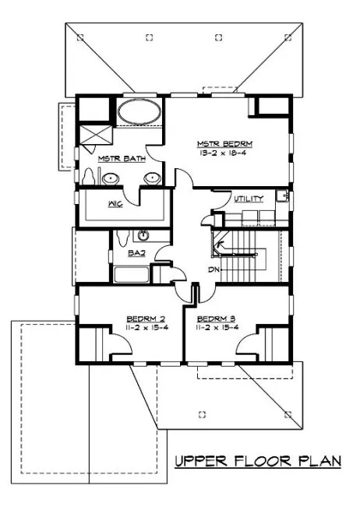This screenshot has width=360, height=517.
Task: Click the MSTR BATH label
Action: (x=114, y=159)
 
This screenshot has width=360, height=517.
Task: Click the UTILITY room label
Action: (x=249, y=199)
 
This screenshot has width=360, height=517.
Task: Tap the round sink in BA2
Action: (x=143, y=236)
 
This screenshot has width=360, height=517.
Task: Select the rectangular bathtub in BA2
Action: (x=131, y=274)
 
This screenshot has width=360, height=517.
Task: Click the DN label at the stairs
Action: (x=214, y=269)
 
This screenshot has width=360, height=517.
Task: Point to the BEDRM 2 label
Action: (x=145, y=318)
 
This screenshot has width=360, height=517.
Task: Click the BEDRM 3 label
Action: (x=216, y=318)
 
